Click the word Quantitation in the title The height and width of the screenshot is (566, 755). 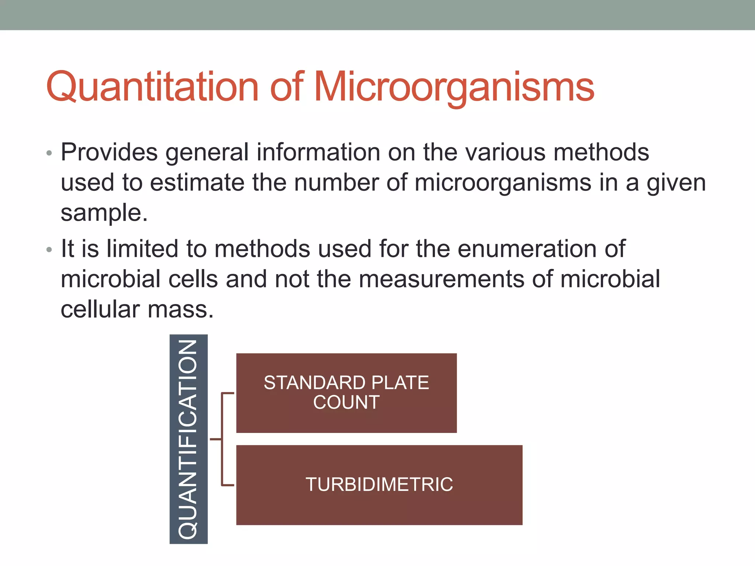[x=152, y=87]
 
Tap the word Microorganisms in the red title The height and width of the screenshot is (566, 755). [x=454, y=87]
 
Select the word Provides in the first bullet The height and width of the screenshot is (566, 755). [x=109, y=152]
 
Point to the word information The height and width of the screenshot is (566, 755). [x=318, y=152]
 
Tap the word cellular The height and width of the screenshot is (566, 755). [x=100, y=309]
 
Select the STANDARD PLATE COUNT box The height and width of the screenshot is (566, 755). [x=346, y=393]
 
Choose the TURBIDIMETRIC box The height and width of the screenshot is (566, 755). [x=379, y=485]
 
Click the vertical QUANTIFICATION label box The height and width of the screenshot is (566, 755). [x=188, y=439]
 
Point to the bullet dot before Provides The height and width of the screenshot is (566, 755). [x=49, y=153]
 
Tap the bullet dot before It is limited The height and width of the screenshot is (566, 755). [x=49, y=250]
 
